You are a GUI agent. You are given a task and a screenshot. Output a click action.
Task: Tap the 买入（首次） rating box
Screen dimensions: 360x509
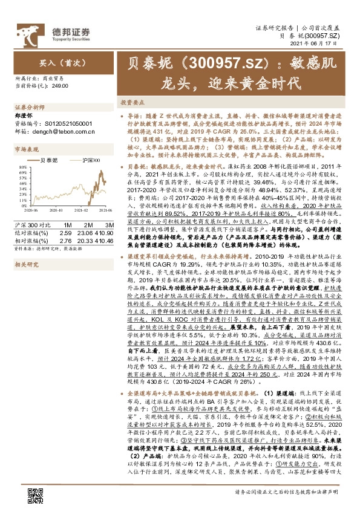click(x=54, y=62)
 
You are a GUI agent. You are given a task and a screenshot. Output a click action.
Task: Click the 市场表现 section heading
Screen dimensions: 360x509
click(x=26, y=149)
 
